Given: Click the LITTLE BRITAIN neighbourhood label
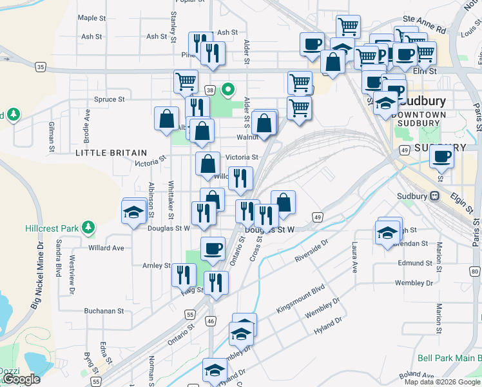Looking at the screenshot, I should pyautogui.click(x=111, y=152).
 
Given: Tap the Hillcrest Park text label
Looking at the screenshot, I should pyautogui.click(x=51, y=228).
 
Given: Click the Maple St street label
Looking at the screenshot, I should pyautogui.click(x=91, y=18).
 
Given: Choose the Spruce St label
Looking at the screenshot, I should pyautogui.click(x=109, y=99).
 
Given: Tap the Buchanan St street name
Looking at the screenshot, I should pyautogui.click(x=103, y=310).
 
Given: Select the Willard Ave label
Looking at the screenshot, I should pyautogui.click(x=106, y=248).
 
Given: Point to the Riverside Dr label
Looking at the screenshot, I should pyautogui.click(x=312, y=251).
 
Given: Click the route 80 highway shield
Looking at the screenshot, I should pyautogui.click(x=476, y=272).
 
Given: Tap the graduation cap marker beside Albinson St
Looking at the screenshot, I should pyautogui.click(x=133, y=212).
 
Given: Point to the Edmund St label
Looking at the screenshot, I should pyautogui.click(x=414, y=263).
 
